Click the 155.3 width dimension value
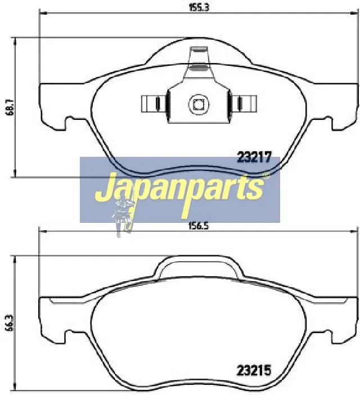point(199,7)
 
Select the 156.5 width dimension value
point(199,226)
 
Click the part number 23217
point(254,158)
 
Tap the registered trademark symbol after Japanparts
point(267,176)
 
